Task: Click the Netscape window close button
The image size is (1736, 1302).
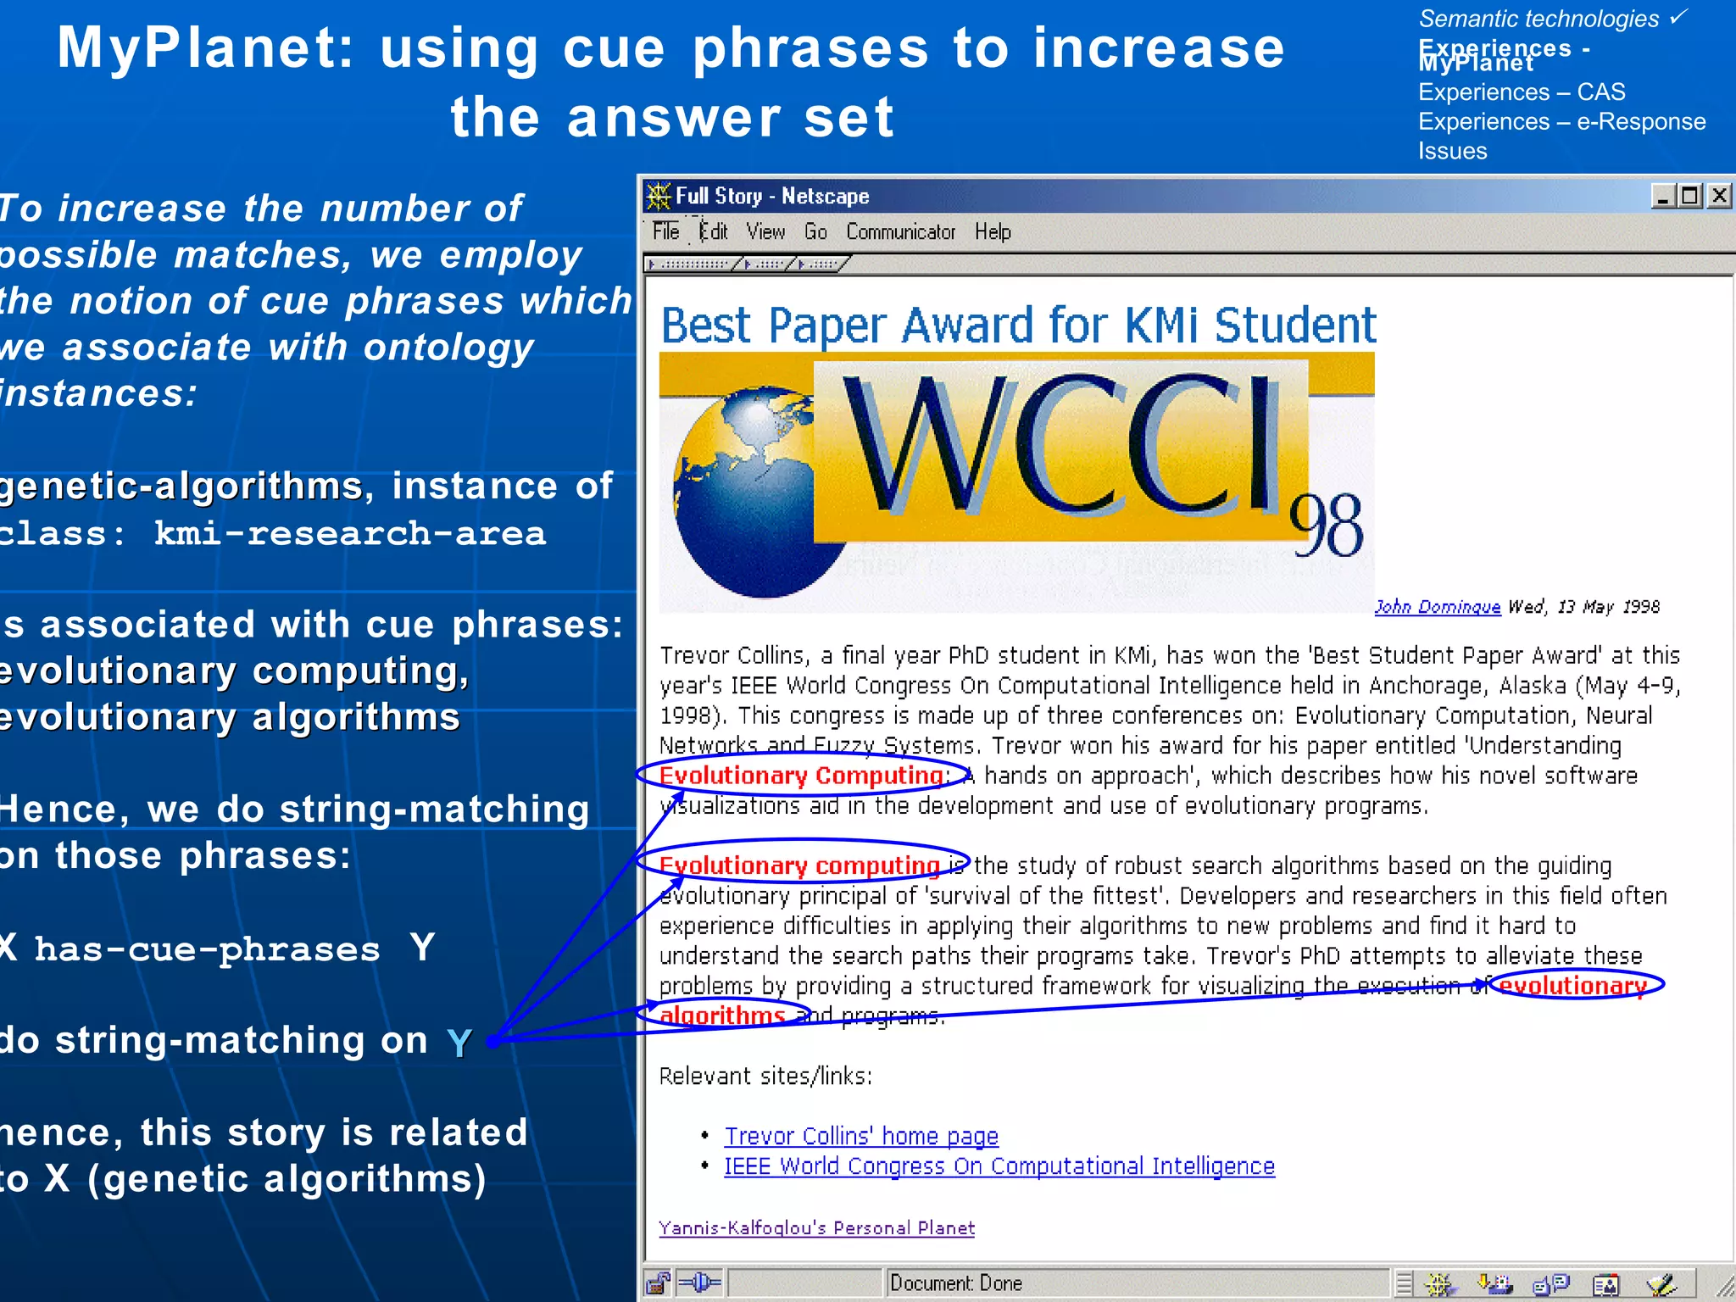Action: (1719, 196)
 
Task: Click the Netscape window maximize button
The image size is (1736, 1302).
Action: (1690, 196)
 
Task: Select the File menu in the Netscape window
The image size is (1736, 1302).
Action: (665, 231)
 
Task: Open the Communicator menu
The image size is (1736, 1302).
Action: (900, 231)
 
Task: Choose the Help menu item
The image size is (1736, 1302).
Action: (993, 231)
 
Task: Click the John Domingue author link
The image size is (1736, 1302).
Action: (1437, 607)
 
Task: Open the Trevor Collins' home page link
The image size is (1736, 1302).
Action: (861, 1136)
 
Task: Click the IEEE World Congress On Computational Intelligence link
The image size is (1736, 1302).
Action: (999, 1166)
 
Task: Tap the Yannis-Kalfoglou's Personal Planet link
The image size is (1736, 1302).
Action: (816, 1227)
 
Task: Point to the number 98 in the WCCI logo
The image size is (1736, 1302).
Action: (1327, 526)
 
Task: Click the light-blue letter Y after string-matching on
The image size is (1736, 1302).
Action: (459, 1043)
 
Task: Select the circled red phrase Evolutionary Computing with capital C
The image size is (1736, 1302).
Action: (800, 776)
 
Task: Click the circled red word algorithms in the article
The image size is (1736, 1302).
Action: (722, 1015)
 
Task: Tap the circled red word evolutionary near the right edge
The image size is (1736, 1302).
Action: (1572, 985)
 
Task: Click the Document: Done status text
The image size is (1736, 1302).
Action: (956, 1283)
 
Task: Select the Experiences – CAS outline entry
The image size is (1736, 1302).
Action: (1522, 92)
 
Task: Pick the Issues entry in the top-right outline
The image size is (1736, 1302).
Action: (1452, 151)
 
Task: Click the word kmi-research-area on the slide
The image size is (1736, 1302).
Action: (350, 533)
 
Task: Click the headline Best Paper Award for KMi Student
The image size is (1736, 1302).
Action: (1018, 325)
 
